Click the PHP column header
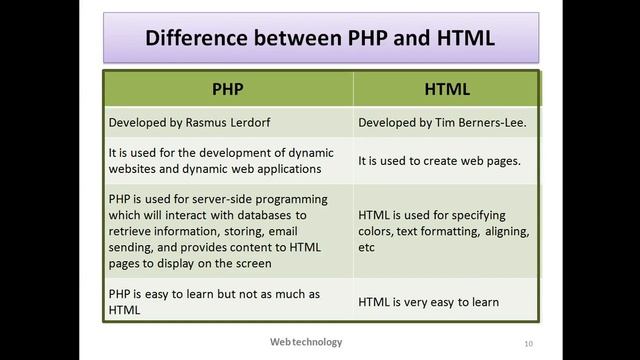tap(228, 88)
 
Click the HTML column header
tap(446, 88)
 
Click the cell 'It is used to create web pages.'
tap(447, 160)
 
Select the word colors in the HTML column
tap(376, 231)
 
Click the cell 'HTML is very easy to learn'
tap(442, 302)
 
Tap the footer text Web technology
tap(305, 342)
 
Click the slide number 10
tap(527, 344)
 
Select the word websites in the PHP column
tap(134, 169)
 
